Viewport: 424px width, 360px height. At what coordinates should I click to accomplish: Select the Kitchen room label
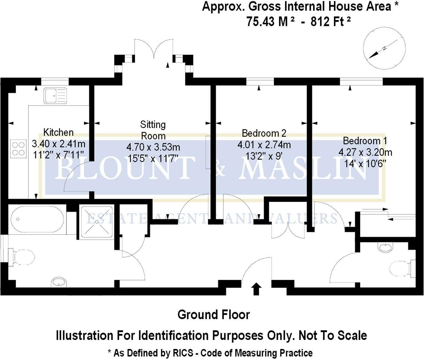pyautogui.click(x=58, y=132)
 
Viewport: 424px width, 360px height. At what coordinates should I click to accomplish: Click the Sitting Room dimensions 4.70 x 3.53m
pyautogui.click(x=153, y=148)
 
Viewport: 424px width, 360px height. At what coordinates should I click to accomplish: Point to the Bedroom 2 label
pyautogui.click(x=264, y=133)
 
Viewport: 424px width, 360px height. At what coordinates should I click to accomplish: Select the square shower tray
pyautogui.click(x=97, y=222)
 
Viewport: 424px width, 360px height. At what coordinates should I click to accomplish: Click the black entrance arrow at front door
pyautogui.click(x=256, y=288)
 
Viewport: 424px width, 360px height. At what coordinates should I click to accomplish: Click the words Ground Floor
pyautogui.click(x=213, y=315)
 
